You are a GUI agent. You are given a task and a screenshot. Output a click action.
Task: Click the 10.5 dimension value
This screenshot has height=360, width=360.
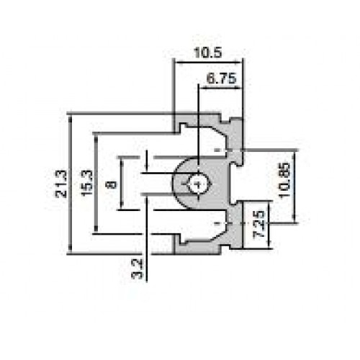pos(208,53)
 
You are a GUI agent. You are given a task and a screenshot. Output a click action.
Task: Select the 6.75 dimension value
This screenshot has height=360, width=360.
pos(221,78)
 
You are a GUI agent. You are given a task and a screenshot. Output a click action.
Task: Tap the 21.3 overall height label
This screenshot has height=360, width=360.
pos(61,184)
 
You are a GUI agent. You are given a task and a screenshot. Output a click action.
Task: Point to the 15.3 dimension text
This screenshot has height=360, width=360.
pos(87,184)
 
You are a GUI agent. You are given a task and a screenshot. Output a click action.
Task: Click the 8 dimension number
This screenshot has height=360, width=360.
pos(112,184)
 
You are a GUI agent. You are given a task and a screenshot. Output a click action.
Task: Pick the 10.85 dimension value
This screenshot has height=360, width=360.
pos(285,180)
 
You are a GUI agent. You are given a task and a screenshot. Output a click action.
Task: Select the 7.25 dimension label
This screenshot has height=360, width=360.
pos(259,224)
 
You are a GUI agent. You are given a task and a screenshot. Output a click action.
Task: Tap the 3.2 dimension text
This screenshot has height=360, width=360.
pos(137,269)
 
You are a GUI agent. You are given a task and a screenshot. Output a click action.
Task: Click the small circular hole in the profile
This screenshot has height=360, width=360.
pos(198,184)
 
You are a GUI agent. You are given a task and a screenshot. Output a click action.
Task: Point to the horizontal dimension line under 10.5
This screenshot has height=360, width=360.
pos(208,63)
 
